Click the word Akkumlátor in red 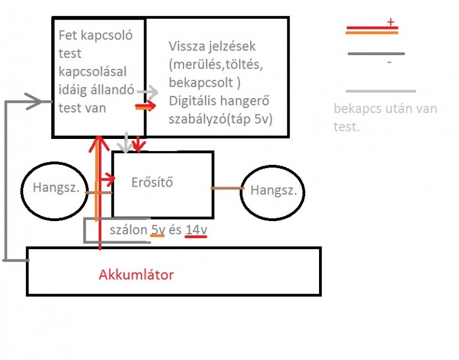pos(136,275)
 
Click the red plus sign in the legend pos(391,22)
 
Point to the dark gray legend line pos(376,54)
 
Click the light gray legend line pos(380,91)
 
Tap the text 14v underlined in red pos(196,230)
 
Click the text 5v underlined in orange pos(158,230)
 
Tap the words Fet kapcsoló pos(96,36)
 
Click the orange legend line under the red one pos(371,33)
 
